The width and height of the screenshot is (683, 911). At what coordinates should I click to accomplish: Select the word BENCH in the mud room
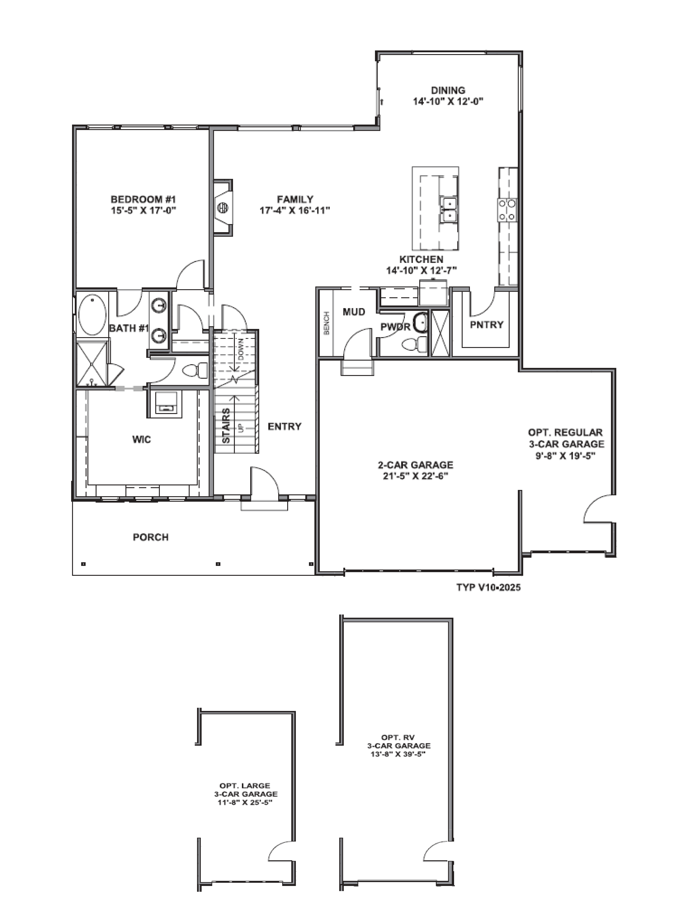pos(326,323)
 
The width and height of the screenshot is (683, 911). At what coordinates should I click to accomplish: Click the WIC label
pos(142,439)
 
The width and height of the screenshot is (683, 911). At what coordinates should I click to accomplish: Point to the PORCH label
pos(151,537)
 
